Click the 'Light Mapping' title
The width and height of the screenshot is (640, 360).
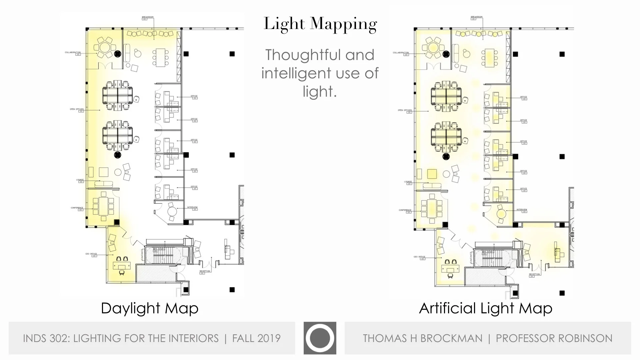point(320,24)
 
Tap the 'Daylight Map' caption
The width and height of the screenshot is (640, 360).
point(150,308)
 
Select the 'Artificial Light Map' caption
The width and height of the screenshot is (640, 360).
point(485,308)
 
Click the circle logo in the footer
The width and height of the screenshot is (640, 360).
point(320,338)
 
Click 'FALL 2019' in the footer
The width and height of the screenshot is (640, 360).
point(256,338)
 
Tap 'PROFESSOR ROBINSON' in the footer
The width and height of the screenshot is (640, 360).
point(554,338)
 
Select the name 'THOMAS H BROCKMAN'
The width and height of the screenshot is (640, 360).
point(422,338)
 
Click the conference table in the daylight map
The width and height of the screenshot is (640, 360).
point(103,206)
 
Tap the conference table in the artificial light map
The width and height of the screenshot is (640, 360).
point(432,208)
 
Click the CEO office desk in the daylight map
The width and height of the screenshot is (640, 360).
point(121,265)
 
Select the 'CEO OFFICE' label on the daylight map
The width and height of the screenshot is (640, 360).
point(91,254)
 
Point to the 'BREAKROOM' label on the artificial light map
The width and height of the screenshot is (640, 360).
point(476,17)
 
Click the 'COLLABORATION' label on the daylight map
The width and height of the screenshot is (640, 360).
point(73,52)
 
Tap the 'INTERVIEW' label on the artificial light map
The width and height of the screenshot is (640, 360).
point(522,210)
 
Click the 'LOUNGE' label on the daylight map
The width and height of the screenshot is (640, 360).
point(80,180)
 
